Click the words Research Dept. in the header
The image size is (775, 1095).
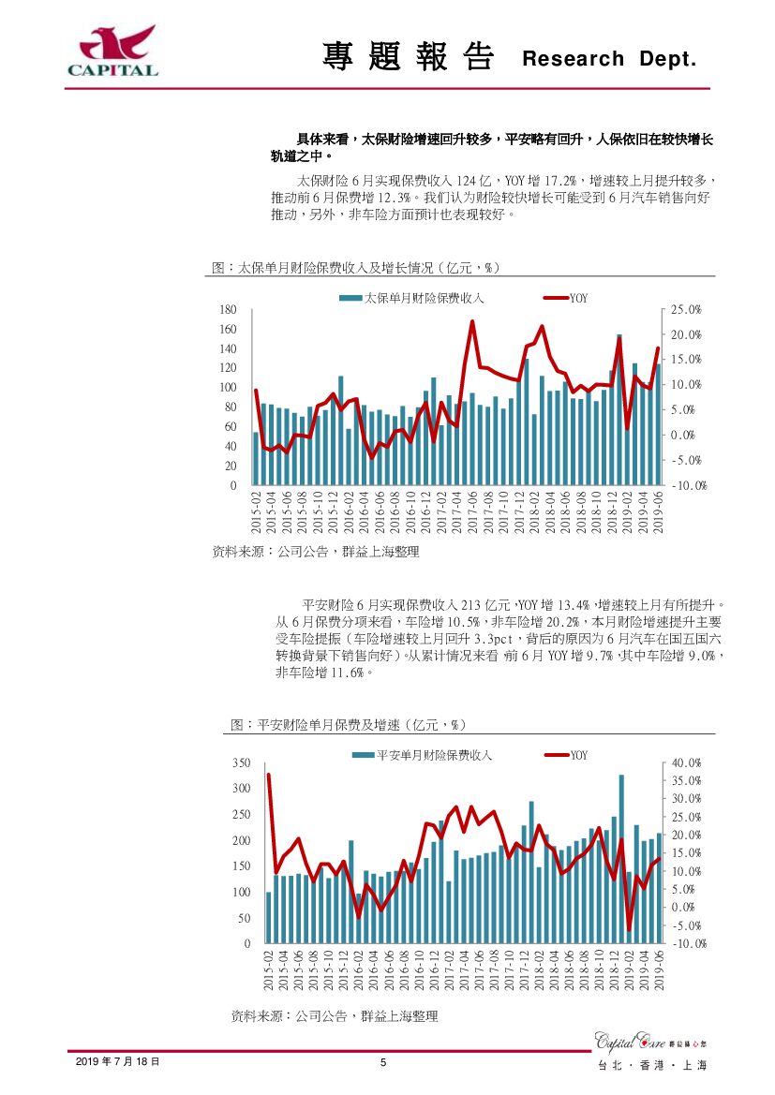tap(609, 59)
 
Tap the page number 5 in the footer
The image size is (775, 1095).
tap(383, 1061)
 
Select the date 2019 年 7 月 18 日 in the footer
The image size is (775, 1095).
tap(117, 1061)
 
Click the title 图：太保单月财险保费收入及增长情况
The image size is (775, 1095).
tap(355, 268)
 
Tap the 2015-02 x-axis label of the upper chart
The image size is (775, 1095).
tap(257, 512)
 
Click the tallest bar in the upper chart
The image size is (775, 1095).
tap(619, 410)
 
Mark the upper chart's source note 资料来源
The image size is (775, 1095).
tap(316, 553)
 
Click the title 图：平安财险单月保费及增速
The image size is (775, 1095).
tap(349, 725)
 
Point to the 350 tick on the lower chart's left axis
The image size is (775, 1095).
tap(241, 763)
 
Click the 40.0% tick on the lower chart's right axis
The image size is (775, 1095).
tap(686, 763)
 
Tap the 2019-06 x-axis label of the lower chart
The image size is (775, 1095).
tap(659, 970)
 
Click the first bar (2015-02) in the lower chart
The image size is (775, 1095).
tap(269, 917)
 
